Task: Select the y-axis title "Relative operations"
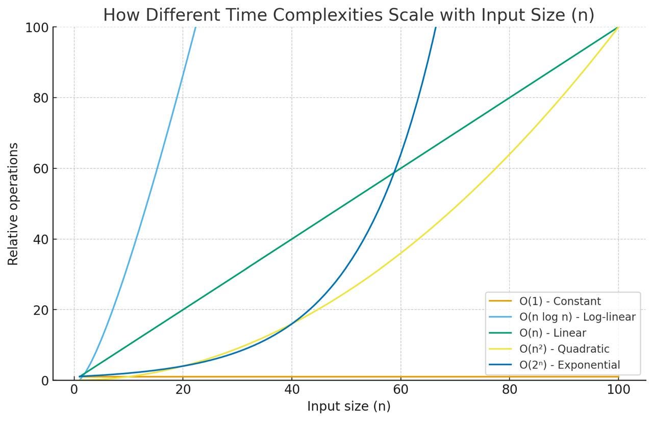pyautogui.click(x=13, y=204)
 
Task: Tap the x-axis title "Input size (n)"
pyautogui.click(x=348, y=406)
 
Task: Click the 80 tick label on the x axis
pyautogui.click(x=509, y=390)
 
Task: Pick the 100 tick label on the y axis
pyautogui.click(x=37, y=27)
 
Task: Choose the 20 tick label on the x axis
pyautogui.click(x=183, y=390)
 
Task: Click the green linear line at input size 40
pyautogui.click(x=292, y=239)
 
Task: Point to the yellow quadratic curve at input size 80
pyautogui.click(x=509, y=155)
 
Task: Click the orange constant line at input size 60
pyautogui.click(x=400, y=377)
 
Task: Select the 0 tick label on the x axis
pyautogui.click(x=74, y=390)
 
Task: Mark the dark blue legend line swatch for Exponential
pyautogui.click(x=500, y=365)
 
